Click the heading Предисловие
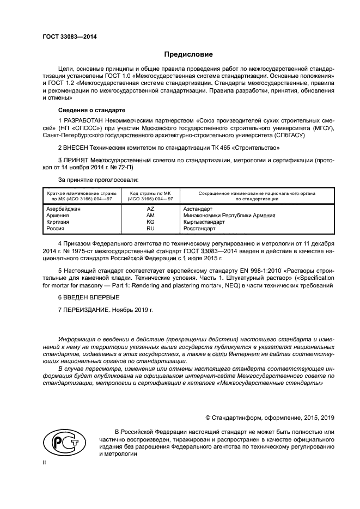188,54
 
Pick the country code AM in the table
150,216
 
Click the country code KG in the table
150,222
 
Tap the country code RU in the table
150,229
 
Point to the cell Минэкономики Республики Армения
229,216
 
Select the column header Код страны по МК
150,193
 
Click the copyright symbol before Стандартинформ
208,418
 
